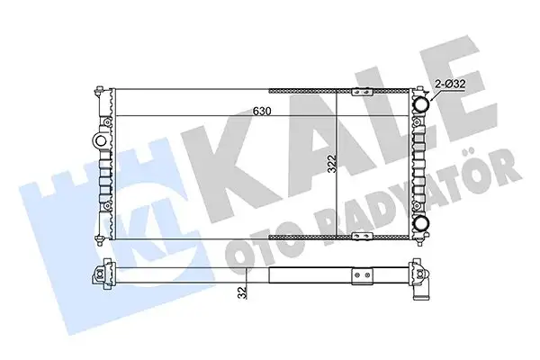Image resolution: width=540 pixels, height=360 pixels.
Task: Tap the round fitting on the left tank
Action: click(99, 140)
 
